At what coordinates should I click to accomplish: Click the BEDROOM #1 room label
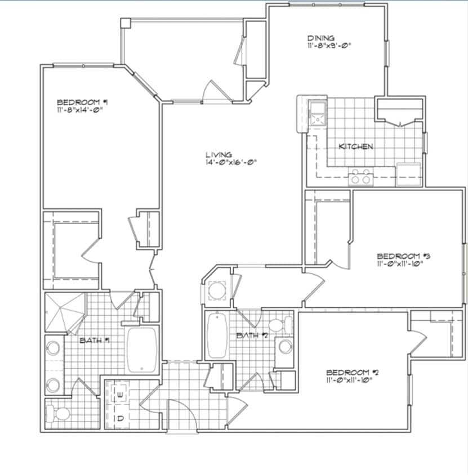pos(82,102)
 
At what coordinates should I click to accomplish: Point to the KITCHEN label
pos(355,146)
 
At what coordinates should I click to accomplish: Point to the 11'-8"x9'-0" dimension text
pos(329,47)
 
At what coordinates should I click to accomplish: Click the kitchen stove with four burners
pos(360,177)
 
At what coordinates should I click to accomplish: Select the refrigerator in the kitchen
pos(408,174)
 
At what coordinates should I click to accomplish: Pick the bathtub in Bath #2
pos(216,336)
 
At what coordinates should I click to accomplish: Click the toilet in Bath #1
pos(59,414)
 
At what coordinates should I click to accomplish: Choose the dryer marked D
pos(121,419)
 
